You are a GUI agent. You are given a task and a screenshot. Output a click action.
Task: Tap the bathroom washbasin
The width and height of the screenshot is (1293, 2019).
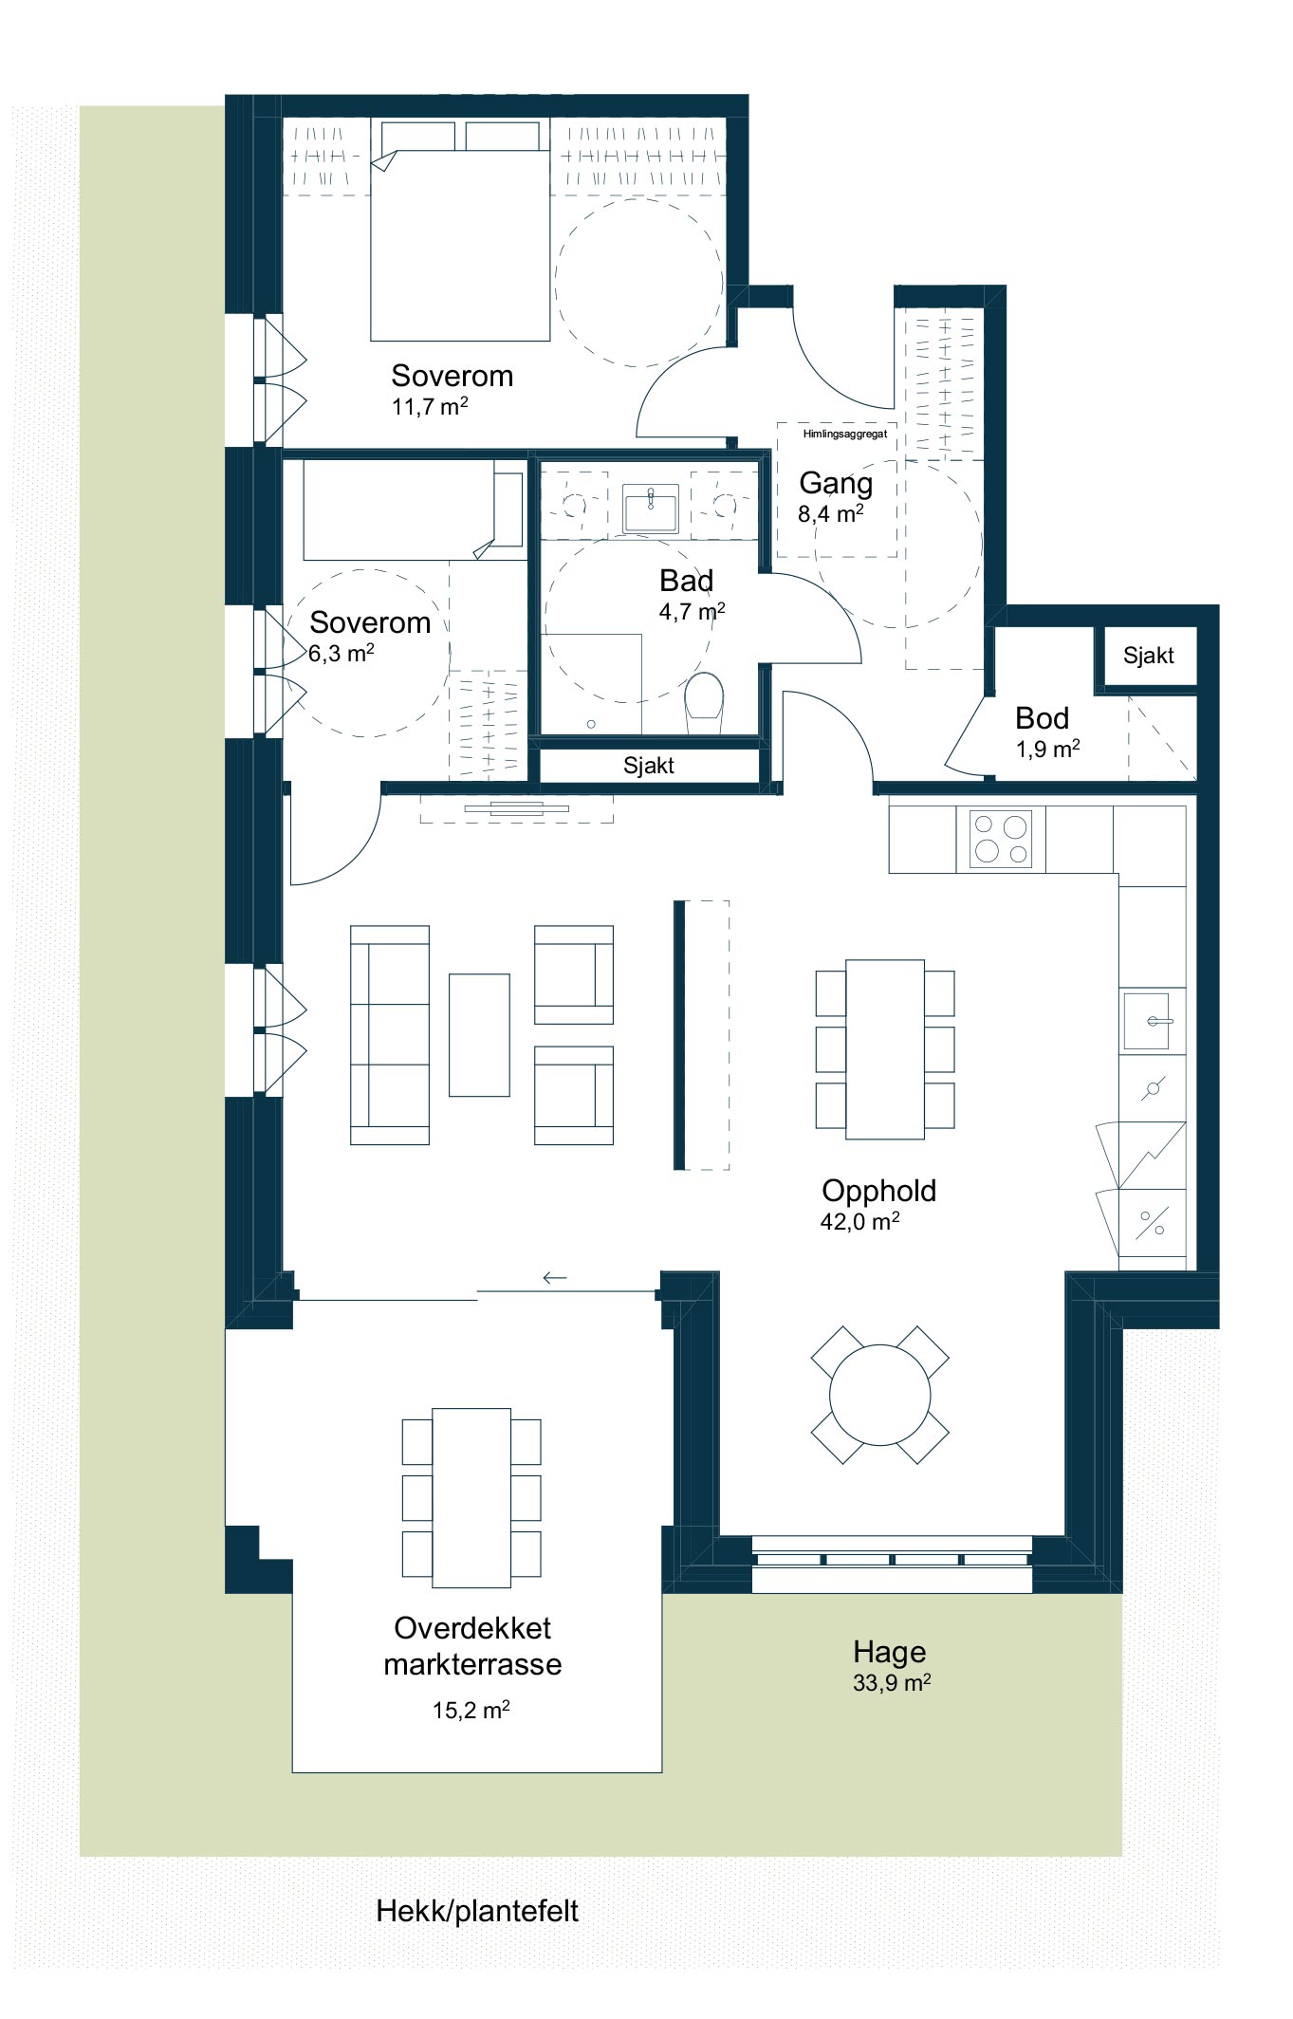[651, 509]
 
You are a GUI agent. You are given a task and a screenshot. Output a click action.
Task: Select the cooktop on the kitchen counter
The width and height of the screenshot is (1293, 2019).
[1000, 839]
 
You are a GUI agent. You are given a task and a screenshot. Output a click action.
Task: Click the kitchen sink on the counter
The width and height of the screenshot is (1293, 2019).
[1153, 1020]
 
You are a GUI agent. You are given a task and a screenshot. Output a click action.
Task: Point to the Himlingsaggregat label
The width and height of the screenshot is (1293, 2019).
[845, 435]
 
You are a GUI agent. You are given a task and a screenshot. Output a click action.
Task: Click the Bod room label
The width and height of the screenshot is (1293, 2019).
[1042, 718]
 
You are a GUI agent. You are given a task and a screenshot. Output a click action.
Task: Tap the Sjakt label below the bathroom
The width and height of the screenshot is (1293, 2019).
[649, 766]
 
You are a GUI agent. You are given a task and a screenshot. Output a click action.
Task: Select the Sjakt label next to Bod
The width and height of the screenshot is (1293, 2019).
[1149, 656]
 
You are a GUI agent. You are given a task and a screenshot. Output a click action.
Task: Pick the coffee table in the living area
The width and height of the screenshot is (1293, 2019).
[479, 1035]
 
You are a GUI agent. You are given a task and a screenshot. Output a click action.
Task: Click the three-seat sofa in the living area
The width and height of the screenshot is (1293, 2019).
[390, 1035]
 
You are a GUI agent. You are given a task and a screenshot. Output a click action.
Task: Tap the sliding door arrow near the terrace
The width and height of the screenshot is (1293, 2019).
[554, 1278]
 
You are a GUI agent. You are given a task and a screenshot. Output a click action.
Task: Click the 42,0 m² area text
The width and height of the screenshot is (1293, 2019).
[859, 1221]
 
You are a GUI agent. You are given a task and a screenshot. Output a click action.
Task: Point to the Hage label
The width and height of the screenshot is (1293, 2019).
[890, 1652]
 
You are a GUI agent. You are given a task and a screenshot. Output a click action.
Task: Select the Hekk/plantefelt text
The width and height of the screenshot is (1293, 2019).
[477, 1911]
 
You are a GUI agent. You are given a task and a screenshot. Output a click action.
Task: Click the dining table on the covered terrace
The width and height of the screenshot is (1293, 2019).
[471, 1498]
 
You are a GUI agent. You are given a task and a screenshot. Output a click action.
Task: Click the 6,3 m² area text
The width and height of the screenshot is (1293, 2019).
[342, 653]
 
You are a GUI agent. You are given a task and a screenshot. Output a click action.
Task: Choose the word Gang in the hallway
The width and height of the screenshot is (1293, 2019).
[836, 484]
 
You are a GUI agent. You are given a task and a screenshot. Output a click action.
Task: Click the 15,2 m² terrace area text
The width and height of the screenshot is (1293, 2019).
[471, 1711]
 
